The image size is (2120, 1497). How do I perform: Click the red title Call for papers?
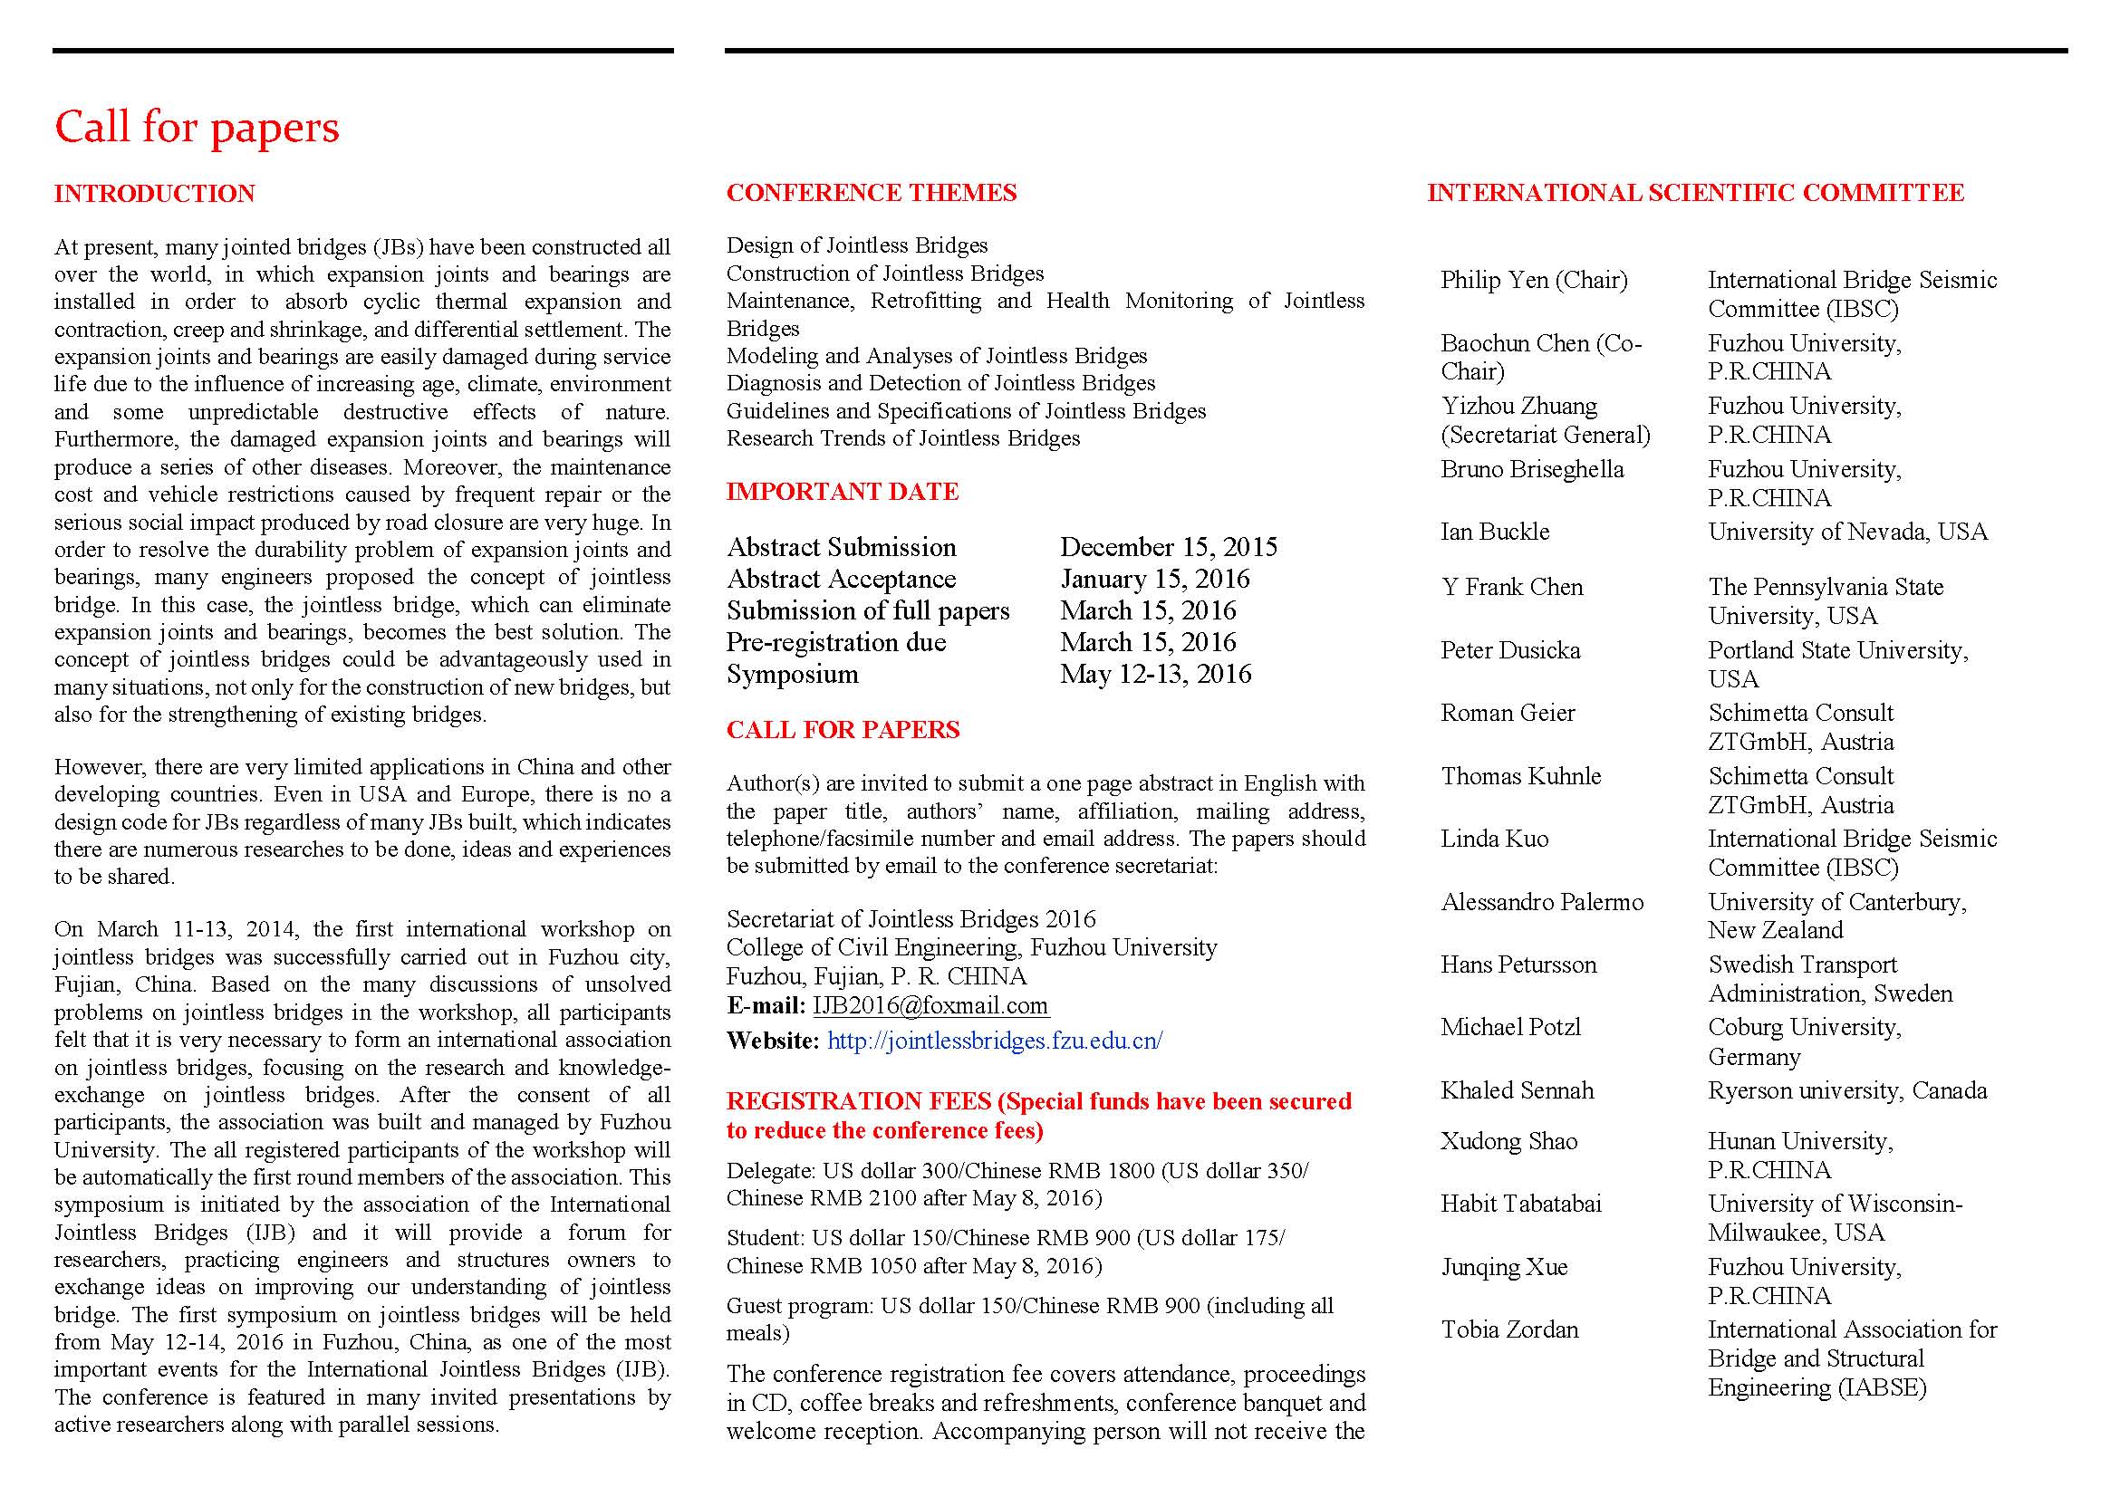(x=197, y=128)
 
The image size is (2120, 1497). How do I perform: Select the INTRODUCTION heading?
(x=154, y=194)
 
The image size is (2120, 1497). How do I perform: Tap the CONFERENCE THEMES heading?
(x=871, y=193)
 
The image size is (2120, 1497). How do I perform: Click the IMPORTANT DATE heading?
(x=842, y=492)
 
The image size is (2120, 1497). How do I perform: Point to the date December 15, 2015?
(x=1168, y=547)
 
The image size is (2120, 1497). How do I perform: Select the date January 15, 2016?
(x=1154, y=579)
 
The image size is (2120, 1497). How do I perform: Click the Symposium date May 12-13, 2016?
(x=1155, y=674)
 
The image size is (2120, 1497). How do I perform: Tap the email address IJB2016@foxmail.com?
(x=930, y=1006)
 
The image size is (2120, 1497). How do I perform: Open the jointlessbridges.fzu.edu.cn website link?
(x=995, y=1041)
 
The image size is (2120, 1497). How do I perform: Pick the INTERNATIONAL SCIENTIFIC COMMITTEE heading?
(x=1695, y=193)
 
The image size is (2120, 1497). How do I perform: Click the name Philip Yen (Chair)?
(x=1534, y=280)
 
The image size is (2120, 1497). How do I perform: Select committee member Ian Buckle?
(x=1495, y=532)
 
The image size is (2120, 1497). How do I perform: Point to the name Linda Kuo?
(x=1494, y=839)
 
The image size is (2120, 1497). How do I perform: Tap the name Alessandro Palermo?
(x=1542, y=902)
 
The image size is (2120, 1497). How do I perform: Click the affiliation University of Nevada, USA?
(x=1846, y=532)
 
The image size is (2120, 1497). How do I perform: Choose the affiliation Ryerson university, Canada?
(x=1846, y=1091)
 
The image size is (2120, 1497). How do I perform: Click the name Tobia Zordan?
(x=1509, y=1330)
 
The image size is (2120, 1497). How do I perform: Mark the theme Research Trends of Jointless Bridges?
(x=902, y=438)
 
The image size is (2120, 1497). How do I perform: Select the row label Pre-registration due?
(x=835, y=642)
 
